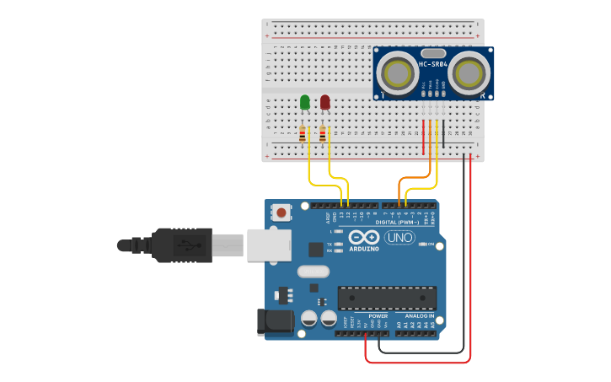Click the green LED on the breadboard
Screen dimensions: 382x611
[304, 102]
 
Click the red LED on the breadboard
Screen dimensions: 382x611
[325, 102]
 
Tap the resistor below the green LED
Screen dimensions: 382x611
[304, 133]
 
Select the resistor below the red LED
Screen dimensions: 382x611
[323, 133]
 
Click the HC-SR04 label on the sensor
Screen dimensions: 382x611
[432, 64]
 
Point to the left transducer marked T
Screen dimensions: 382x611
[396, 73]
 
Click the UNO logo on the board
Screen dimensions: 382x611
[399, 239]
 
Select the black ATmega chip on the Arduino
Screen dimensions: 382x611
[387, 298]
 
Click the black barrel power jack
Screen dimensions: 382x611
[275, 321]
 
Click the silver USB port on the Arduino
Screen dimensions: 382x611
[268, 245]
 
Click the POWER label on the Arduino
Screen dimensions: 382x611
[378, 315]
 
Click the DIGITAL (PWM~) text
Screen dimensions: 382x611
[408, 221]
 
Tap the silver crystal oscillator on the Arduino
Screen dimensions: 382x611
[313, 272]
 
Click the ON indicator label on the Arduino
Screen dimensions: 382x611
[430, 245]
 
